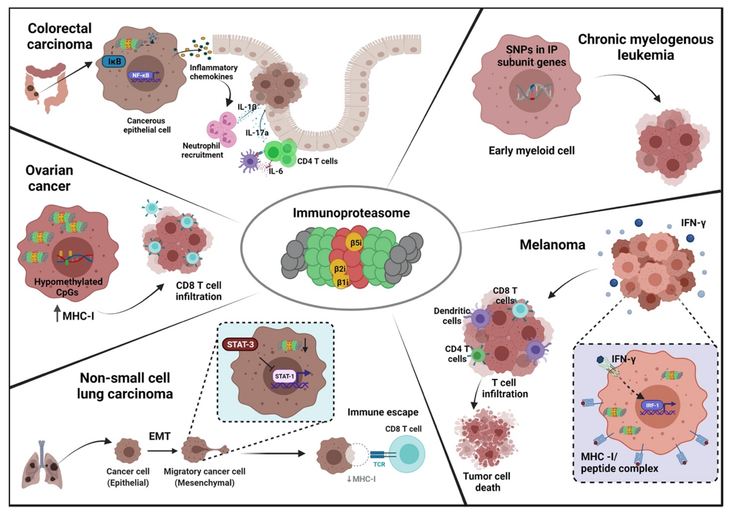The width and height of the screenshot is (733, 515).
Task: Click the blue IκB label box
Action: tap(114, 61)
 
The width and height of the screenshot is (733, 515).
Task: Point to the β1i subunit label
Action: tap(342, 282)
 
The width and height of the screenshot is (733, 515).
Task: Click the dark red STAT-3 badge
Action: tap(240, 344)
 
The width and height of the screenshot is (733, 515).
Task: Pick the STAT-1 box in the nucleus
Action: tap(284, 376)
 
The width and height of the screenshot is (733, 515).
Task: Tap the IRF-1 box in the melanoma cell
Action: tap(652, 405)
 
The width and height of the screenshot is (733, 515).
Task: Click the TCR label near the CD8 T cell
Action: tap(379, 464)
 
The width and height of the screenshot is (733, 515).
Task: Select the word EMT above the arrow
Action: tap(160, 436)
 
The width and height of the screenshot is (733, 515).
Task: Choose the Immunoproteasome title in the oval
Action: tap(351, 213)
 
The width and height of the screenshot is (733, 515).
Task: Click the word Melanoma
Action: tap(552, 245)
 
